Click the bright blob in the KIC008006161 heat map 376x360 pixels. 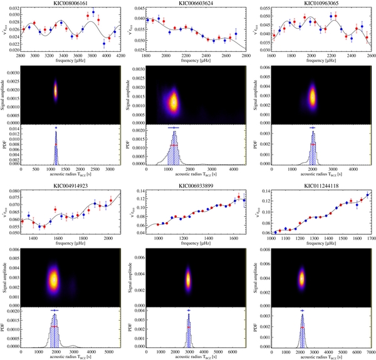[55, 90]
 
